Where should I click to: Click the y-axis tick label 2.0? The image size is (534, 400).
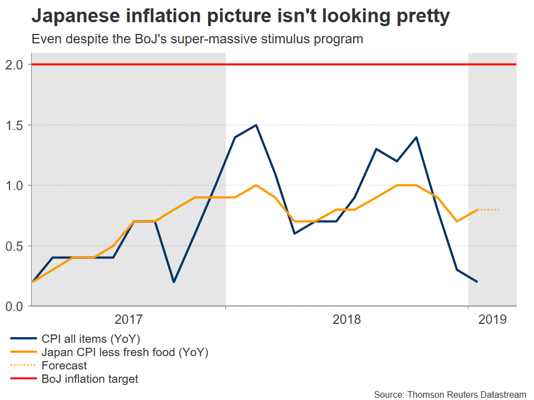click(x=16, y=65)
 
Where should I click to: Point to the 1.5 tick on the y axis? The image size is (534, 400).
click(x=16, y=125)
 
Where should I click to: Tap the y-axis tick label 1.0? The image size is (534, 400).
click(x=16, y=186)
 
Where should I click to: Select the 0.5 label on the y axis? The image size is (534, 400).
click(x=16, y=246)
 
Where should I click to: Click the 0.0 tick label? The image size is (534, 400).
click(x=16, y=306)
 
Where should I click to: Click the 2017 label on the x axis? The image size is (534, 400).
click(x=128, y=319)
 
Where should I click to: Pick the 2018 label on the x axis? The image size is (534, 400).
click(x=347, y=319)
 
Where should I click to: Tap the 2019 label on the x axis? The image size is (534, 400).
click(x=492, y=319)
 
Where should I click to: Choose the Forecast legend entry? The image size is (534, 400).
click(x=64, y=366)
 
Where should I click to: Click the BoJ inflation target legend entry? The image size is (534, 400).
click(x=90, y=379)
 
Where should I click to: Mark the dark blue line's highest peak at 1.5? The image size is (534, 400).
click(x=256, y=125)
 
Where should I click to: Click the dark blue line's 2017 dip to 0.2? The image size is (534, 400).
click(x=174, y=282)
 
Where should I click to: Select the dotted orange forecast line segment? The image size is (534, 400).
click(x=488, y=209)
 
